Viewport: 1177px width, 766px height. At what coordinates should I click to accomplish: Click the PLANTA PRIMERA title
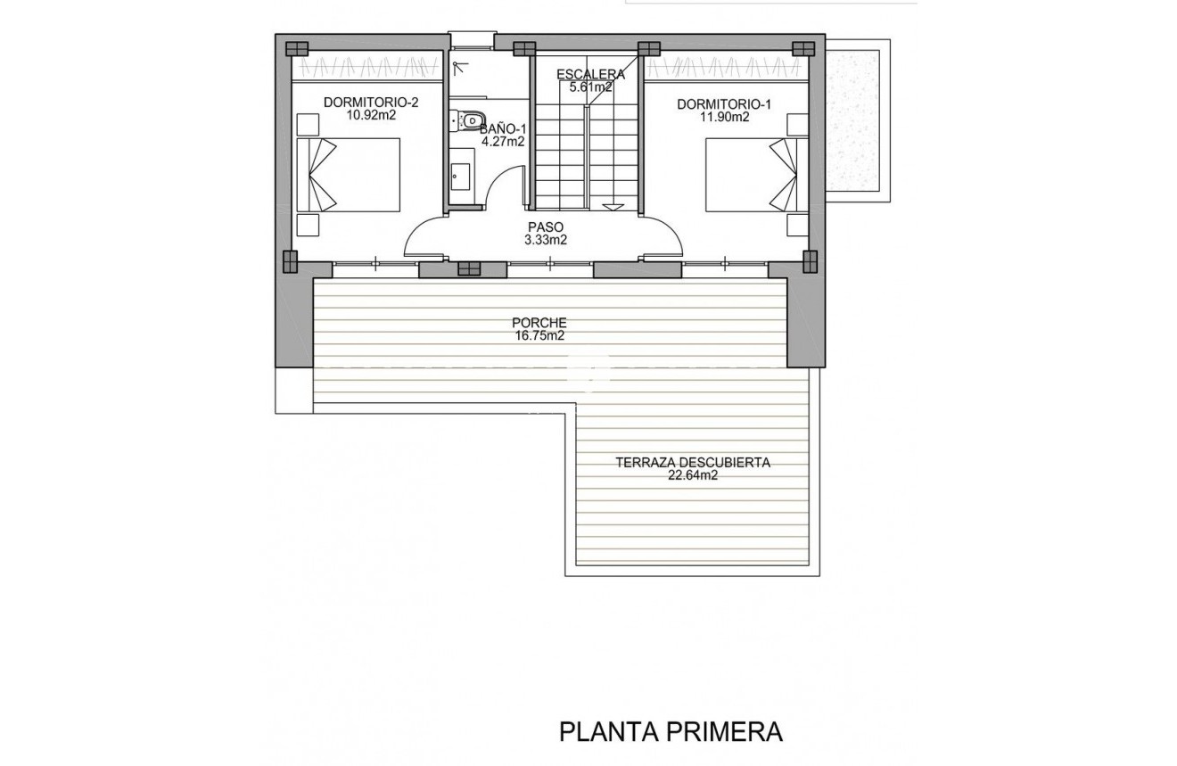[671, 732]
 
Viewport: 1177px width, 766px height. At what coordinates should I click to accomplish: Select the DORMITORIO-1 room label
[724, 104]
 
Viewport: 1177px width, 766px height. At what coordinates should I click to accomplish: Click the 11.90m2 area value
[724, 117]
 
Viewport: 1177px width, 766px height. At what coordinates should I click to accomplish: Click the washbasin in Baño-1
[460, 177]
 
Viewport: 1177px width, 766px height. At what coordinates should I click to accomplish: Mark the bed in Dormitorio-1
[750, 174]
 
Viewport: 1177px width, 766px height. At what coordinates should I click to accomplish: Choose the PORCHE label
[539, 323]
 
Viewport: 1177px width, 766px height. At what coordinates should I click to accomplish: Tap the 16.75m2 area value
[539, 335]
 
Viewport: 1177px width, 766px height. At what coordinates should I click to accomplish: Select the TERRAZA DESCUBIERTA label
[692, 463]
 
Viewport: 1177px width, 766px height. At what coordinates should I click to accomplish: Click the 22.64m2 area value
[692, 475]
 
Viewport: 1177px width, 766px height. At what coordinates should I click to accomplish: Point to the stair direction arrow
[613, 206]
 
